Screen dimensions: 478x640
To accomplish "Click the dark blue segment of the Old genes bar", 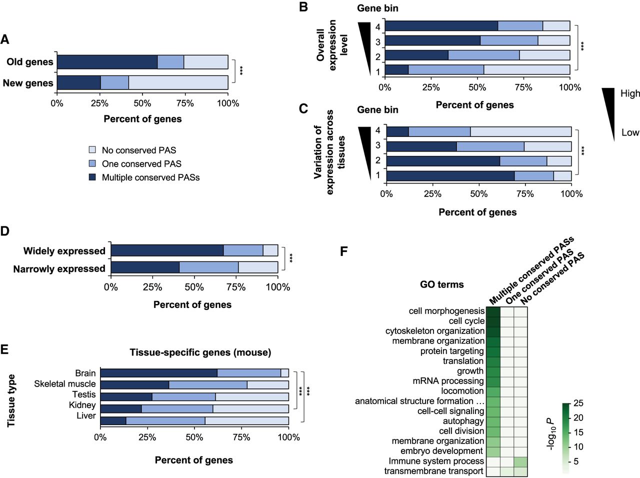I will click(107, 62).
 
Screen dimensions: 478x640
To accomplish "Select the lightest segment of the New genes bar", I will click(178, 83).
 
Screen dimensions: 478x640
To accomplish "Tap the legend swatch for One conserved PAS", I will click(92, 163).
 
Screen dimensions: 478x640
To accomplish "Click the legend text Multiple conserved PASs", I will click(150, 177).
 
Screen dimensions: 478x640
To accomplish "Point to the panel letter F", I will click(343, 251).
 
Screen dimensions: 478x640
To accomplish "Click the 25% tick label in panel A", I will click(99, 103).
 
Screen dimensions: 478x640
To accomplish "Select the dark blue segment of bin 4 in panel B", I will click(441, 26).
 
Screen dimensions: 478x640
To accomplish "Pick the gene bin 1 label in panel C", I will click(378, 175).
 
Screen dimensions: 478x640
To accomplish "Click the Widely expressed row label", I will click(64, 251).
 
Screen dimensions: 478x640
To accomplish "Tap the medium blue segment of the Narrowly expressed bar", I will click(208, 267).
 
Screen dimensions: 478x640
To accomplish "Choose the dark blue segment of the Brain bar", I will click(158, 372).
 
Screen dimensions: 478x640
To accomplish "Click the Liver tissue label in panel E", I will click(86, 415).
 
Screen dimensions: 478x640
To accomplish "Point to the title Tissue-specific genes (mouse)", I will click(200, 352).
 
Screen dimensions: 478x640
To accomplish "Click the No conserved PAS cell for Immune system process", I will click(520, 461).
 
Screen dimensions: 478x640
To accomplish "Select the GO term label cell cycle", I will click(466, 321).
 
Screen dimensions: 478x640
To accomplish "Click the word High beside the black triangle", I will click(629, 93).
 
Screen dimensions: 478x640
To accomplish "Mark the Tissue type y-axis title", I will click(11, 400).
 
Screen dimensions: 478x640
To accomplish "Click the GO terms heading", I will click(441, 284).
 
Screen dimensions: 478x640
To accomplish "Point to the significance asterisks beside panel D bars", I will click(291, 258).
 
